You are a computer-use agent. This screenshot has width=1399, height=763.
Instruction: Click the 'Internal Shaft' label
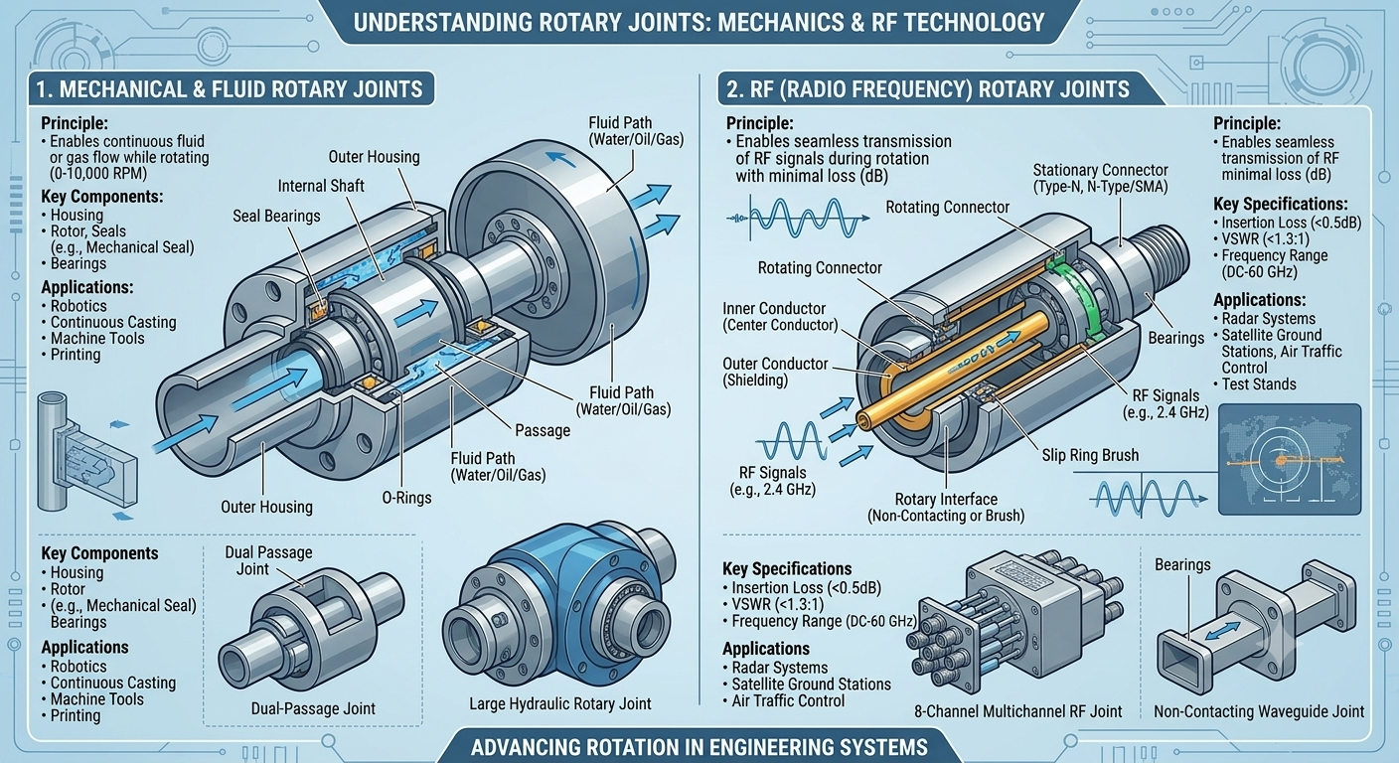click(321, 186)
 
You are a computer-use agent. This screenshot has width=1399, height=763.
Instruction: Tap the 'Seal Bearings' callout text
click(276, 216)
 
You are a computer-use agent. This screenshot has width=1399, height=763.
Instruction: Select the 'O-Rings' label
click(406, 498)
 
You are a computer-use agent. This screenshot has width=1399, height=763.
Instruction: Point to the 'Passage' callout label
click(543, 430)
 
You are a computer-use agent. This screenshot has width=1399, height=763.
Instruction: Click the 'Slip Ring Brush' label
click(1090, 455)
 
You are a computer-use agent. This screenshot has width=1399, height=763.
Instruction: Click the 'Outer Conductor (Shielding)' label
click(774, 372)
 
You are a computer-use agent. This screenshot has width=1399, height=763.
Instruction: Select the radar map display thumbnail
click(1290, 460)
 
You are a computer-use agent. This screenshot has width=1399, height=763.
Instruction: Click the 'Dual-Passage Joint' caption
click(313, 708)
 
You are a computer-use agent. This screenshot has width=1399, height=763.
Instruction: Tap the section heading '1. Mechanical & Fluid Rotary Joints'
click(230, 89)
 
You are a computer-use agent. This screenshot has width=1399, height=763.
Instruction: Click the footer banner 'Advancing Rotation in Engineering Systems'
click(699, 747)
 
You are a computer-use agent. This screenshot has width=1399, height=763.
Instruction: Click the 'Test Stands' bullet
click(1254, 384)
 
